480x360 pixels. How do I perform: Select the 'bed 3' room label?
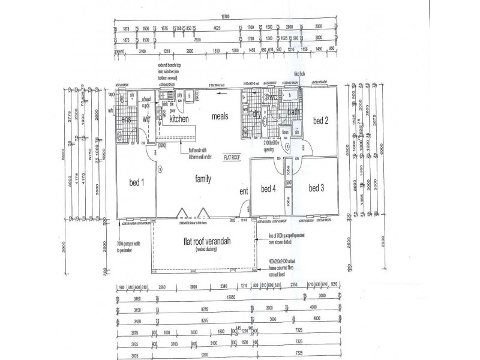317,188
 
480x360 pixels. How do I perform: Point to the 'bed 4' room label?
268,188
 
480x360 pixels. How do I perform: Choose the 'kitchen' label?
179,119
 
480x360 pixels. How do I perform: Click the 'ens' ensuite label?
127,120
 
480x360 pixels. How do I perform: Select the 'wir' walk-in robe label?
146,120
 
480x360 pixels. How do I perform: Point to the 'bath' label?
293,112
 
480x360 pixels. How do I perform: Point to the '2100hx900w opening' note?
269,146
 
